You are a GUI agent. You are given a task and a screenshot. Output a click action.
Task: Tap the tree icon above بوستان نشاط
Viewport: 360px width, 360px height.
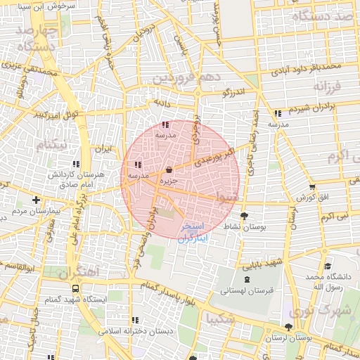pyautogui.click(x=244, y=216)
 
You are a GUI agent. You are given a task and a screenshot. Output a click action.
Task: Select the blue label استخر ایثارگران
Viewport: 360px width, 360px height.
pyautogui.click(x=192, y=233)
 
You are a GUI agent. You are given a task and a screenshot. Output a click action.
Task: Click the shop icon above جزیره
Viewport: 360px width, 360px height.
pyautogui.click(x=169, y=169)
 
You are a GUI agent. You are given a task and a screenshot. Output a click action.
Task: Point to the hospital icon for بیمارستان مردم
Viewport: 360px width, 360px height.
pyautogui.click(x=36, y=200)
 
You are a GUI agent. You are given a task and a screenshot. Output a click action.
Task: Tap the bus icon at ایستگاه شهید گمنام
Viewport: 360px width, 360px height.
pyautogui.click(x=75, y=288)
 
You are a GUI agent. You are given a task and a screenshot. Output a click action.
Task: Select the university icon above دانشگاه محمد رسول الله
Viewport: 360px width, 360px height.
pyautogui.click(x=328, y=266)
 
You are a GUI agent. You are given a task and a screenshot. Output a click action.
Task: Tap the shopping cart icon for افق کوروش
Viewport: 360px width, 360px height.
pyautogui.click(x=311, y=187)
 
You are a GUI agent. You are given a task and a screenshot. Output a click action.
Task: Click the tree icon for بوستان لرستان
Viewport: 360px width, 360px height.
pyautogui.click(x=289, y=327)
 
